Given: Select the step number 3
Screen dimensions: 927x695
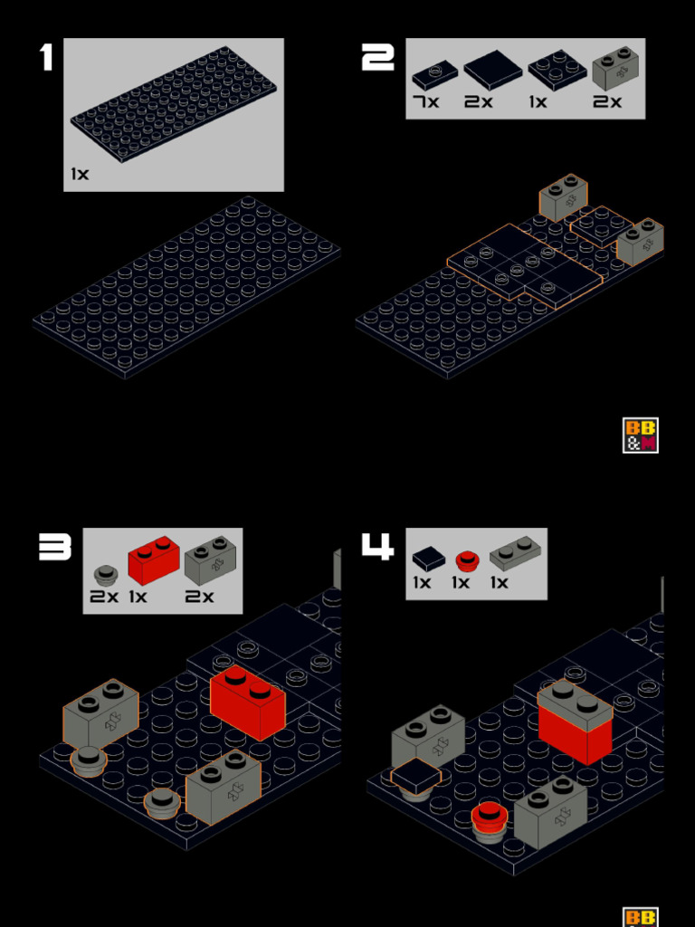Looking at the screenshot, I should click(x=55, y=546).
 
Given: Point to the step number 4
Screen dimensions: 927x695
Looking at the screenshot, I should click(x=377, y=546).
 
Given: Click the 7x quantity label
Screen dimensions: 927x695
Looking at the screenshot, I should click(x=425, y=101).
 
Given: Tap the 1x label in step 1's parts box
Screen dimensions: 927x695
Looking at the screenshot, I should click(x=81, y=173).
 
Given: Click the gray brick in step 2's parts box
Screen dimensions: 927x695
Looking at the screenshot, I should click(x=615, y=68).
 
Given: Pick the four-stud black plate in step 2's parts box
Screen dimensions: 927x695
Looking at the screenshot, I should click(x=557, y=70).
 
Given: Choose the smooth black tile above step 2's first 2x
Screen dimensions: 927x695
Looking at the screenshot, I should click(x=493, y=70).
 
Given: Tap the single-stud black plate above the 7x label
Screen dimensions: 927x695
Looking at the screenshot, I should click(x=434, y=74).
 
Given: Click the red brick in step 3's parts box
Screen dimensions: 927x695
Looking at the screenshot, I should click(x=153, y=560).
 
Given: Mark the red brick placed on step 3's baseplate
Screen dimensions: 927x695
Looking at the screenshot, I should click(x=247, y=702).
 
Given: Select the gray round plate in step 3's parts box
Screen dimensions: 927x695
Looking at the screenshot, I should click(x=106, y=575).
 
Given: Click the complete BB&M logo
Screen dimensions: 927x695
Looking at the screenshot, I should click(x=640, y=435).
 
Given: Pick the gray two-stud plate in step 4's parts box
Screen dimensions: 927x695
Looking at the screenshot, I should click(x=515, y=553).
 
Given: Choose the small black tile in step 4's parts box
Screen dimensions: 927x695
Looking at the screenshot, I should click(x=428, y=558).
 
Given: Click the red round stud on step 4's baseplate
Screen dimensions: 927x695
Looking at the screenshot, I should click(x=490, y=817).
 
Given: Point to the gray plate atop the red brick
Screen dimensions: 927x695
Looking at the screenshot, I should click(x=575, y=704).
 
